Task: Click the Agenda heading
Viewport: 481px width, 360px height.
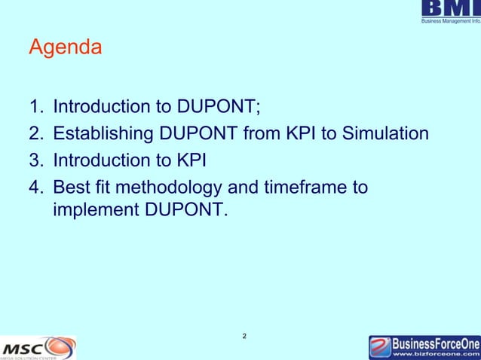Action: click(x=65, y=49)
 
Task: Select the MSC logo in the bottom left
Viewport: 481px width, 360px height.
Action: click(x=38, y=348)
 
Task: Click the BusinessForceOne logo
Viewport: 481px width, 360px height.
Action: click(x=424, y=346)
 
